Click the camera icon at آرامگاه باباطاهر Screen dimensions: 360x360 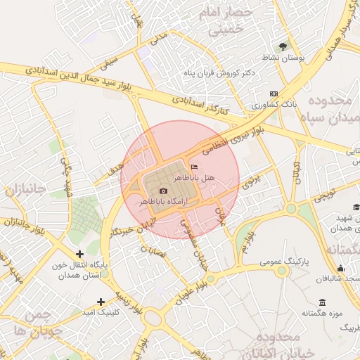click(163, 191)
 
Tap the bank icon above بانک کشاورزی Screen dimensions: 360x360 click(274, 94)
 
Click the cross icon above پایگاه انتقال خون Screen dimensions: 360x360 click(79, 254)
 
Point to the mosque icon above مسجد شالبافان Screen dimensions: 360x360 click(341, 268)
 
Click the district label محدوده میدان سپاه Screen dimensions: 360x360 click(332, 110)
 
